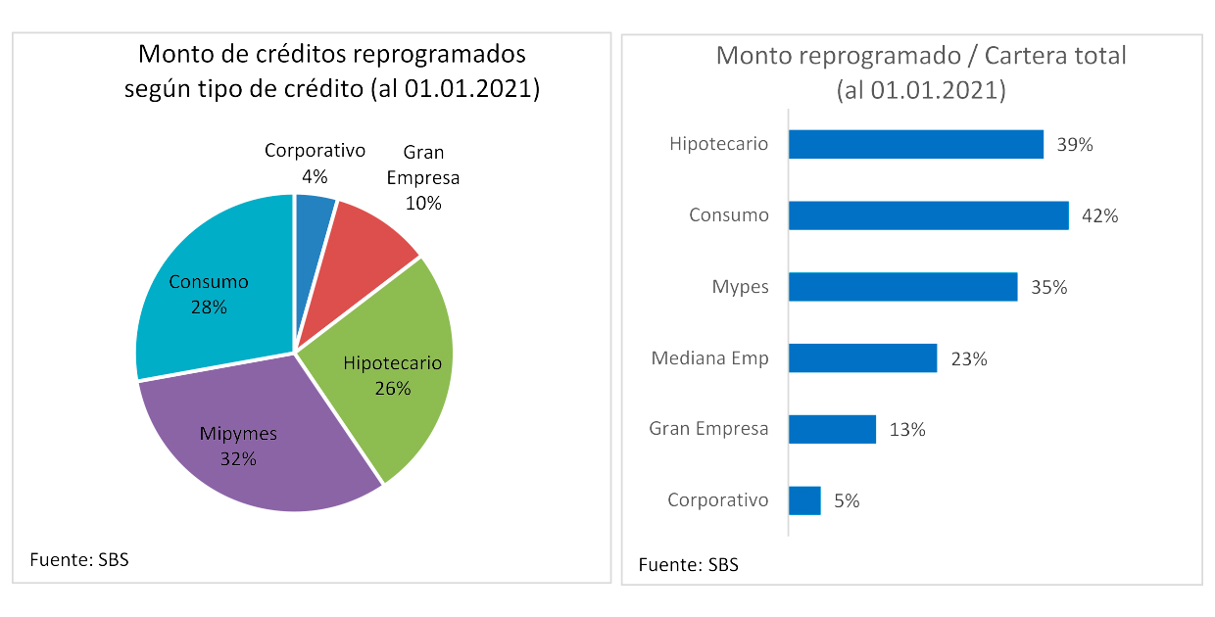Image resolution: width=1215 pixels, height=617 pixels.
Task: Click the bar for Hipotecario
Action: point(915,144)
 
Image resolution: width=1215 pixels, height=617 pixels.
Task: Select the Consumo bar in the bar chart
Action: point(928,215)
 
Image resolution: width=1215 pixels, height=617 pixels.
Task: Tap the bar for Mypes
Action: point(902,287)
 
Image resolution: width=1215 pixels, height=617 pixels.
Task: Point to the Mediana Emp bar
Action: point(862,358)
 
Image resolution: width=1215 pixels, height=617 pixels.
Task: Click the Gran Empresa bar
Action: point(832,429)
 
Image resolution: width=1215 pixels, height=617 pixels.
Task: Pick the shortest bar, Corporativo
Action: point(804,500)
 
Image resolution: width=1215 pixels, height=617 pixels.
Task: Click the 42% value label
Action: point(1100,216)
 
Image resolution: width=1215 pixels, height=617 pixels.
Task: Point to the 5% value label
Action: point(847,500)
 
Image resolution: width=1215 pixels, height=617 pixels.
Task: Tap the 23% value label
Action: point(969,359)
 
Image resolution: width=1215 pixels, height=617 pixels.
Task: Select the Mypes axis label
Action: point(740,287)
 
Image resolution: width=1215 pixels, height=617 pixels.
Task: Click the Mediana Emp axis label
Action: point(709,358)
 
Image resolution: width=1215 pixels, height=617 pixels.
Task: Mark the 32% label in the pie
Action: point(239,457)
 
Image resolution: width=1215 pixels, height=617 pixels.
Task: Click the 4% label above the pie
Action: point(315,176)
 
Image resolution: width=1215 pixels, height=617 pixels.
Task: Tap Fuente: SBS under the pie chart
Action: point(79,560)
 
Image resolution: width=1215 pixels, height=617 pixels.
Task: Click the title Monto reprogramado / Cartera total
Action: point(921,56)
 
